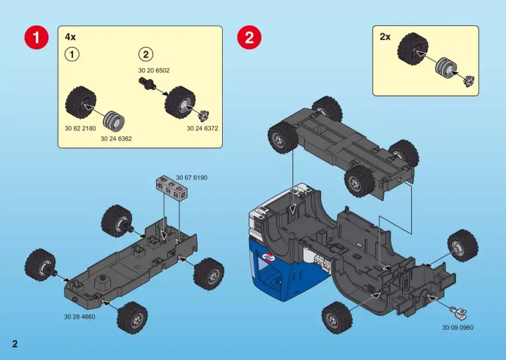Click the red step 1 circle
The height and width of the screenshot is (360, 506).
coord(37,37)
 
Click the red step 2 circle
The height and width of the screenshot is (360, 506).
coord(249,37)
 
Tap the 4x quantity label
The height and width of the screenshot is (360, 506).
coord(70,37)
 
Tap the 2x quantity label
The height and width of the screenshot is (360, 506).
coord(385,37)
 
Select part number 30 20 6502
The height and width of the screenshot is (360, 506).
coord(154,70)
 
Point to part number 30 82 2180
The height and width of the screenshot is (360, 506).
coord(80,128)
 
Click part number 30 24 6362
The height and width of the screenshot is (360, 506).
coord(116,139)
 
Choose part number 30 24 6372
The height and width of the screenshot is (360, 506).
coord(202,128)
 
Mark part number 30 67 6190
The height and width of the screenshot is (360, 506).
coord(192,178)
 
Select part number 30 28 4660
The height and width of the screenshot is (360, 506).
coord(79,316)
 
